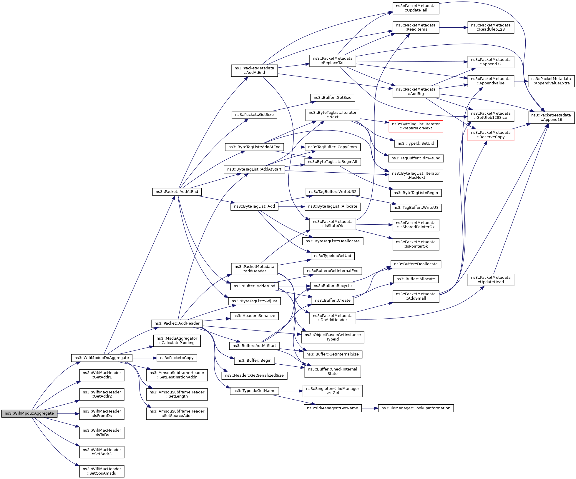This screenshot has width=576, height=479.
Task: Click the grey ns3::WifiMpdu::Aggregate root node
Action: click(x=29, y=413)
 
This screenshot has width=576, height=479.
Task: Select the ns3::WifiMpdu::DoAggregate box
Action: click(x=102, y=358)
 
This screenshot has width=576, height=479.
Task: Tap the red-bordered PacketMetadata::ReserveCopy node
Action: click(x=491, y=135)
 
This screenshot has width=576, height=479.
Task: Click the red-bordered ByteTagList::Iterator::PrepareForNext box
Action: click(x=416, y=126)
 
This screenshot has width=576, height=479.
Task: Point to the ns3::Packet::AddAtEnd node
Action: click(x=177, y=192)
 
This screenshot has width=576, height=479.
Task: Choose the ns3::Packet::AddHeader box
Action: click(x=177, y=323)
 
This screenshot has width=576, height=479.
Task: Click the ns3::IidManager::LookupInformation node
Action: click(x=416, y=408)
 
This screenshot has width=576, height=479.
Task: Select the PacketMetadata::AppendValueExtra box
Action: click(x=551, y=81)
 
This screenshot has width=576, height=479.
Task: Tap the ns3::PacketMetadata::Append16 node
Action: click(x=551, y=117)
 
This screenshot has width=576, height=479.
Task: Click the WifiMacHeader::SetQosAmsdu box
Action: click(x=102, y=471)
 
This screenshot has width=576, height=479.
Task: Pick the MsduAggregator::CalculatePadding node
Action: click(x=177, y=341)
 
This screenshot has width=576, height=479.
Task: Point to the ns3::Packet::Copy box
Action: click(x=177, y=358)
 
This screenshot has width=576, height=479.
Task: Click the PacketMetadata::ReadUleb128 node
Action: click(x=491, y=27)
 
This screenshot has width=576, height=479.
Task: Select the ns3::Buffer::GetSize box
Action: click(x=332, y=98)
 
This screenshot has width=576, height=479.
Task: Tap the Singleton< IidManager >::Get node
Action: click(x=333, y=391)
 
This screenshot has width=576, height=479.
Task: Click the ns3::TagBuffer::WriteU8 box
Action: click(x=416, y=208)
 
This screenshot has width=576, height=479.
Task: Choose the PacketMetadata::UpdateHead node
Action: click(x=491, y=280)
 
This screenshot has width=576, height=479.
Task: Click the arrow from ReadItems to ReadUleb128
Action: click(x=453, y=28)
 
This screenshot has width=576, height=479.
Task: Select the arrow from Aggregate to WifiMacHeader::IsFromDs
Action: click(x=68, y=414)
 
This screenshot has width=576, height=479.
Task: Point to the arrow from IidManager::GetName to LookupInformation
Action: click(x=370, y=408)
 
